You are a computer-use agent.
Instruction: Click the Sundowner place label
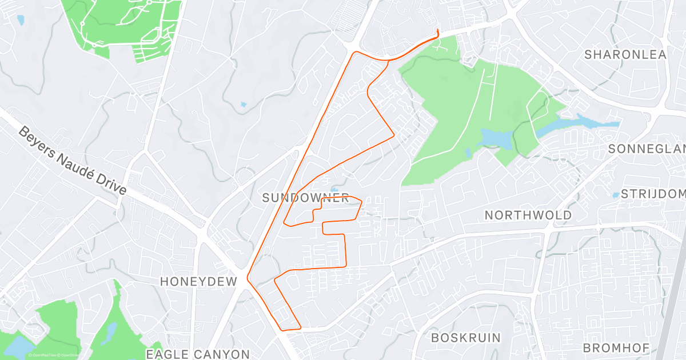305,198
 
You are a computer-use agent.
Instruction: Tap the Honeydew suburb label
198,281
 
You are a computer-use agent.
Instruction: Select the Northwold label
528,215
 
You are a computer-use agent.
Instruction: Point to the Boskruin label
465,338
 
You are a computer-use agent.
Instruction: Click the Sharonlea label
625,55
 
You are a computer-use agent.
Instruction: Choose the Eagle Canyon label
198,354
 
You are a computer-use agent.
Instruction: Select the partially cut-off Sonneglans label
646,149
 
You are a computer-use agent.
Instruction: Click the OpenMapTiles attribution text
43,355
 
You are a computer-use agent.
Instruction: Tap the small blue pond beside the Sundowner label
334,189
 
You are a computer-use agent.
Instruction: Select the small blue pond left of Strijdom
616,195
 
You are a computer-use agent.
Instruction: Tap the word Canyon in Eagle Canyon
220,354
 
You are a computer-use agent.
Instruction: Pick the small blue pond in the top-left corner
21,20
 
